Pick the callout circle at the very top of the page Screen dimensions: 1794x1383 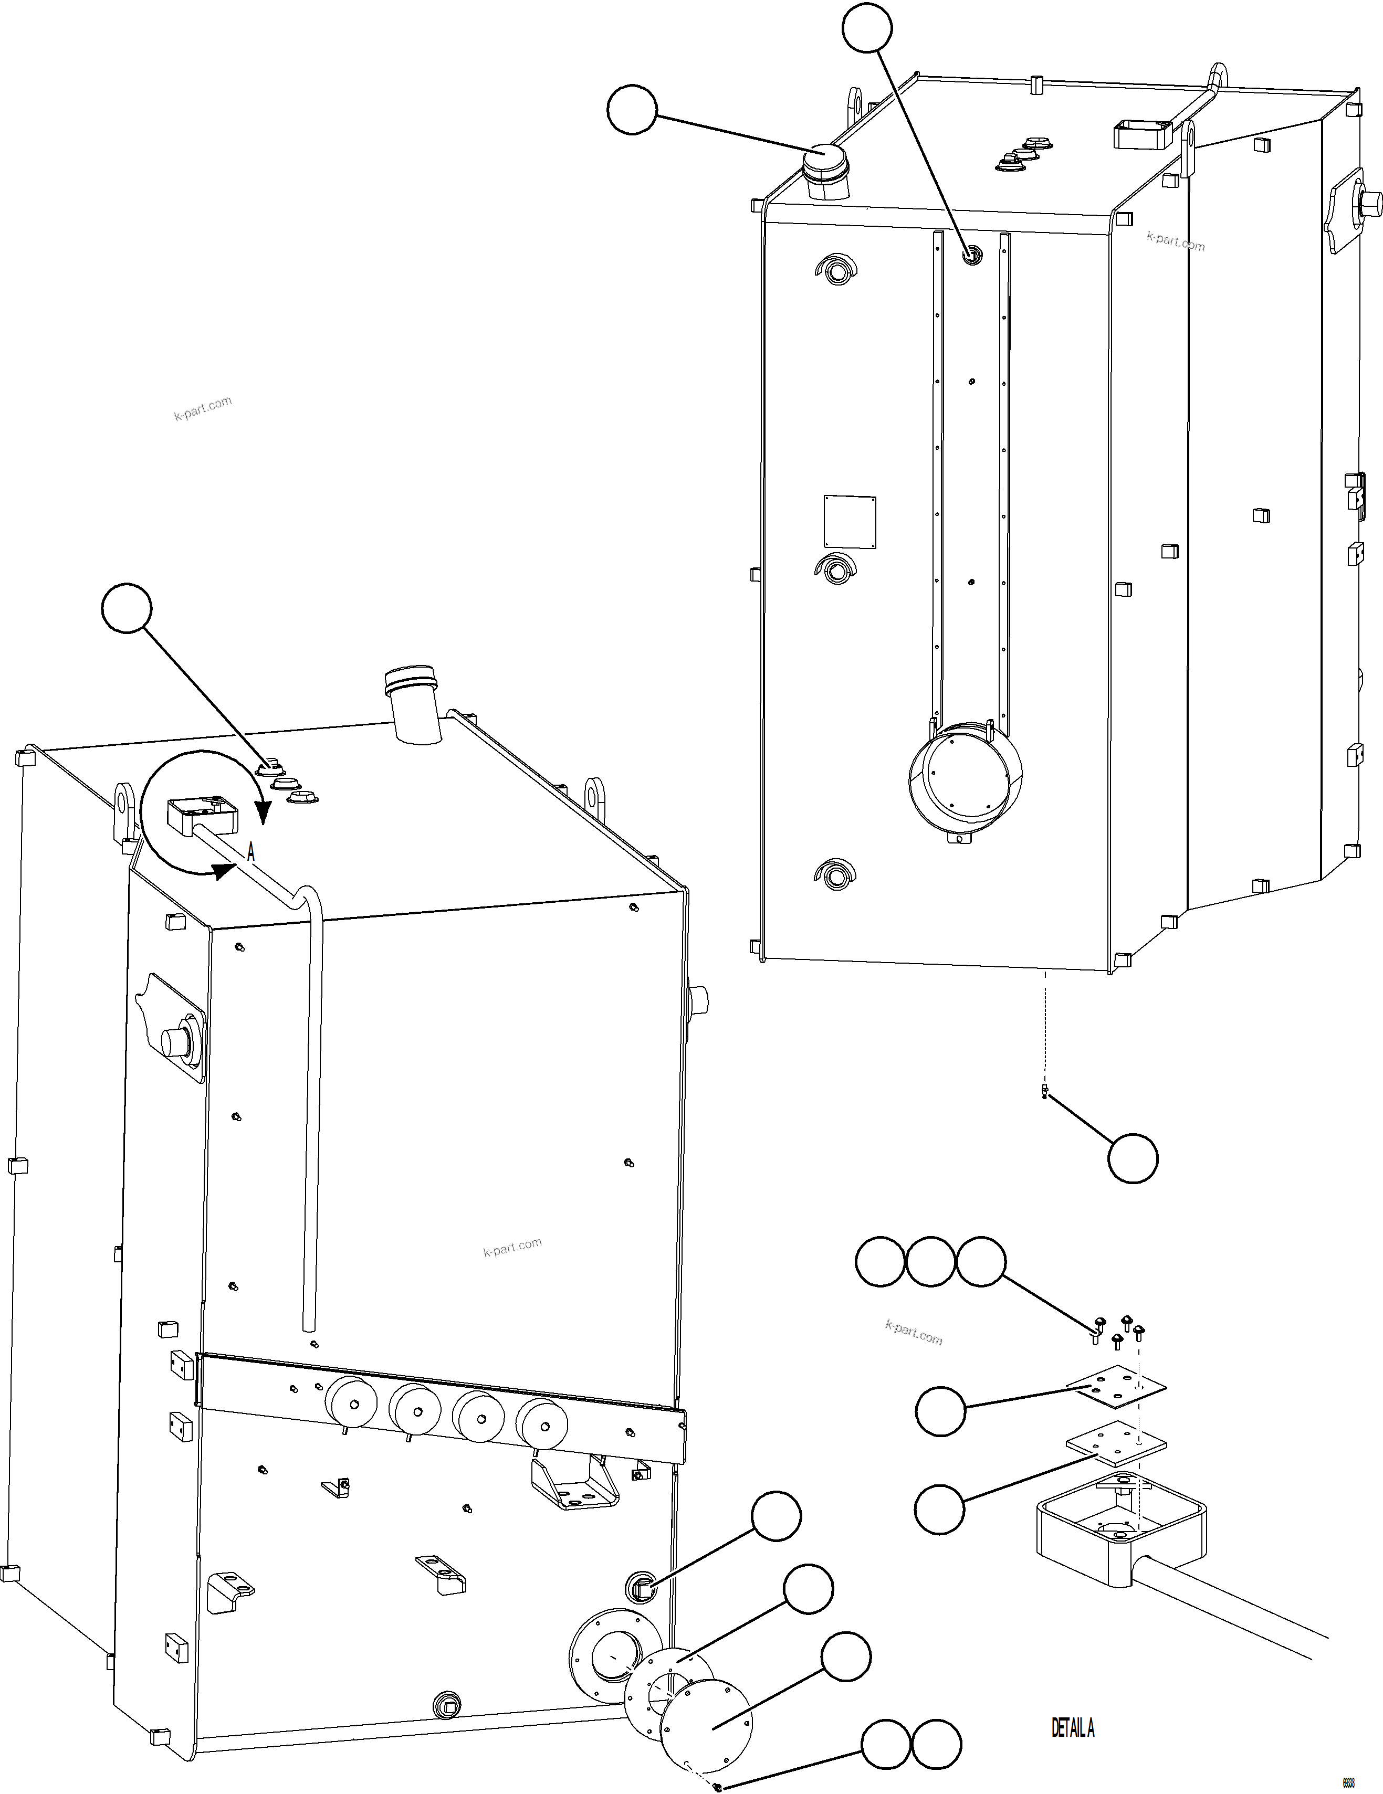[x=867, y=29]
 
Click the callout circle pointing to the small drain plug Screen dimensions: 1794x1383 [x=1133, y=1159]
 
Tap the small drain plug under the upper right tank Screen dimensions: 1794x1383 [x=1044, y=1091]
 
